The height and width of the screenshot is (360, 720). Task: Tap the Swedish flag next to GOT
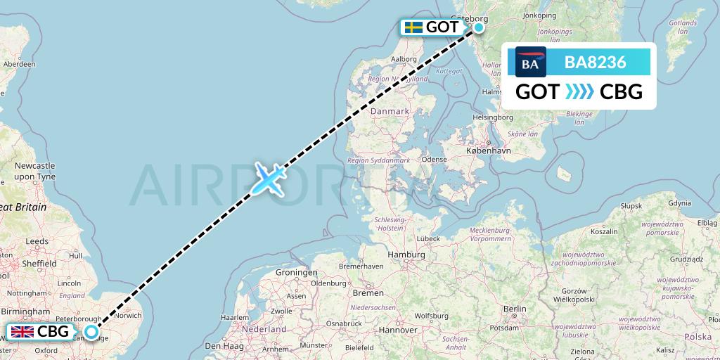click(x=413, y=27)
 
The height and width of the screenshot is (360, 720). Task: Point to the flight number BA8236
click(x=595, y=62)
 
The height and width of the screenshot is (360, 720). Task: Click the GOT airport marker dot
click(x=479, y=27)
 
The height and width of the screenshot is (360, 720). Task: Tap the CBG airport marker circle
click(x=91, y=332)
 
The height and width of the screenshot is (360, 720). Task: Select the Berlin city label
click(x=515, y=309)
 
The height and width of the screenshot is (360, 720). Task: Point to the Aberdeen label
click(x=20, y=63)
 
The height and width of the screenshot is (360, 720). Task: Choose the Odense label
click(x=435, y=160)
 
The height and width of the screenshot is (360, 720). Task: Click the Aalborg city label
click(x=404, y=58)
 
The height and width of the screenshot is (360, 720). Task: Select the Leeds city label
click(x=37, y=241)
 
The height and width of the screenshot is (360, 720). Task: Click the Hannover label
click(x=398, y=329)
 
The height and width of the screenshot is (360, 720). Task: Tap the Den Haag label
click(x=221, y=346)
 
